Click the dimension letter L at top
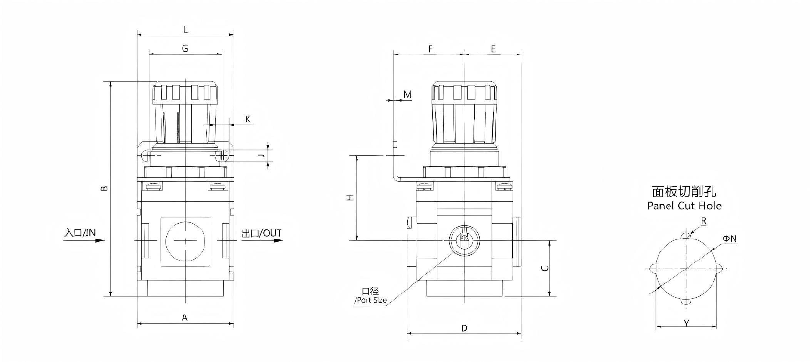coord(186,29)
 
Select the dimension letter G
coord(185,49)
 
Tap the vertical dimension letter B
coord(104,188)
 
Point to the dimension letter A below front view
coord(185,318)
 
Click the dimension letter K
coord(248,119)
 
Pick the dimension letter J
coord(261,155)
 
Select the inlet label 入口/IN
coord(80,232)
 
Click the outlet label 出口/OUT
coord(261,233)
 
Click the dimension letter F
coord(430,49)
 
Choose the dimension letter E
coord(493,49)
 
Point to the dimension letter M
coord(407,94)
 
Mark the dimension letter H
coord(350,197)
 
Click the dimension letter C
coord(545,268)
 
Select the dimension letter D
coord(464,328)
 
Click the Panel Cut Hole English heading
coord(684,205)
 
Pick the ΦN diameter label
coord(730,239)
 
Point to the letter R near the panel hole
coord(704,221)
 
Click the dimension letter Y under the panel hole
coord(686,323)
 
